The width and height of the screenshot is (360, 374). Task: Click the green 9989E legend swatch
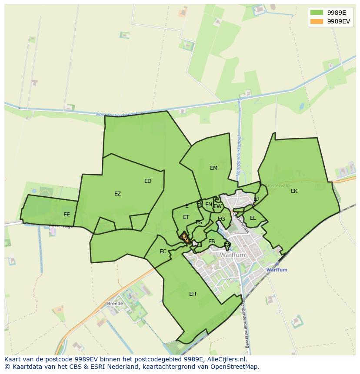[x=317, y=12]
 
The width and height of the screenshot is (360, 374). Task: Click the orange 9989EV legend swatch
[x=317, y=21]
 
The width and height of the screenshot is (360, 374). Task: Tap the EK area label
[x=294, y=191]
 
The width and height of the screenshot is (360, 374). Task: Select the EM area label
[x=213, y=168]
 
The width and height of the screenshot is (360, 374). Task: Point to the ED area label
[x=148, y=181]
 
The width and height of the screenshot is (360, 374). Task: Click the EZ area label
[x=117, y=194]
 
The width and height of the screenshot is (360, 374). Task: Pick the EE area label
[x=67, y=215]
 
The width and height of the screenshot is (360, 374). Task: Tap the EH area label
[x=193, y=294]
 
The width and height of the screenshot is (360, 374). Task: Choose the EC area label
[x=163, y=252]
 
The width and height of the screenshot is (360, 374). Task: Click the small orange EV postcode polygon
[x=186, y=238]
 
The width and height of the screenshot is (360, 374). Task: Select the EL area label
[x=253, y=218]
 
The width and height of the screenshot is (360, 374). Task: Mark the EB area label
[x=211, y=242]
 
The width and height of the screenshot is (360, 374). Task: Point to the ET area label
[x=186, y=217]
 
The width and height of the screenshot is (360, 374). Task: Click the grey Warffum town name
[x=233, y=255]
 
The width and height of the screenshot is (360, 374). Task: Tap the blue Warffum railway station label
[x=277, y=270]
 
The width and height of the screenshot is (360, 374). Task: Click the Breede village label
[x=115, y=304]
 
